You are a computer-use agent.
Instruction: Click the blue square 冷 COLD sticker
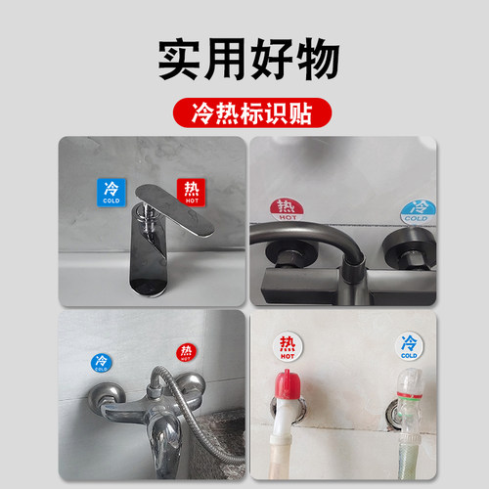click(x=111, y=191)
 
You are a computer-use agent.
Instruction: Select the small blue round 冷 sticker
click(x=101, y=362)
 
